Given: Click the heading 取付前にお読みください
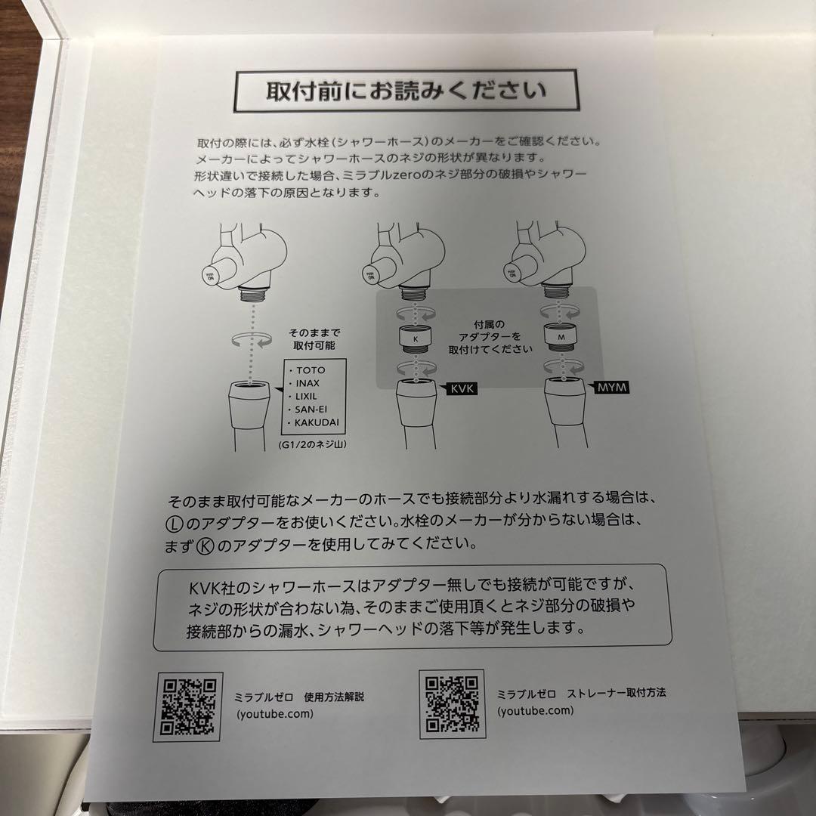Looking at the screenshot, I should [406, 91].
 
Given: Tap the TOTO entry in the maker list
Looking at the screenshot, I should [313, 372].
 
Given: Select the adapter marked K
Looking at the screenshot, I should [414, 339].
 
